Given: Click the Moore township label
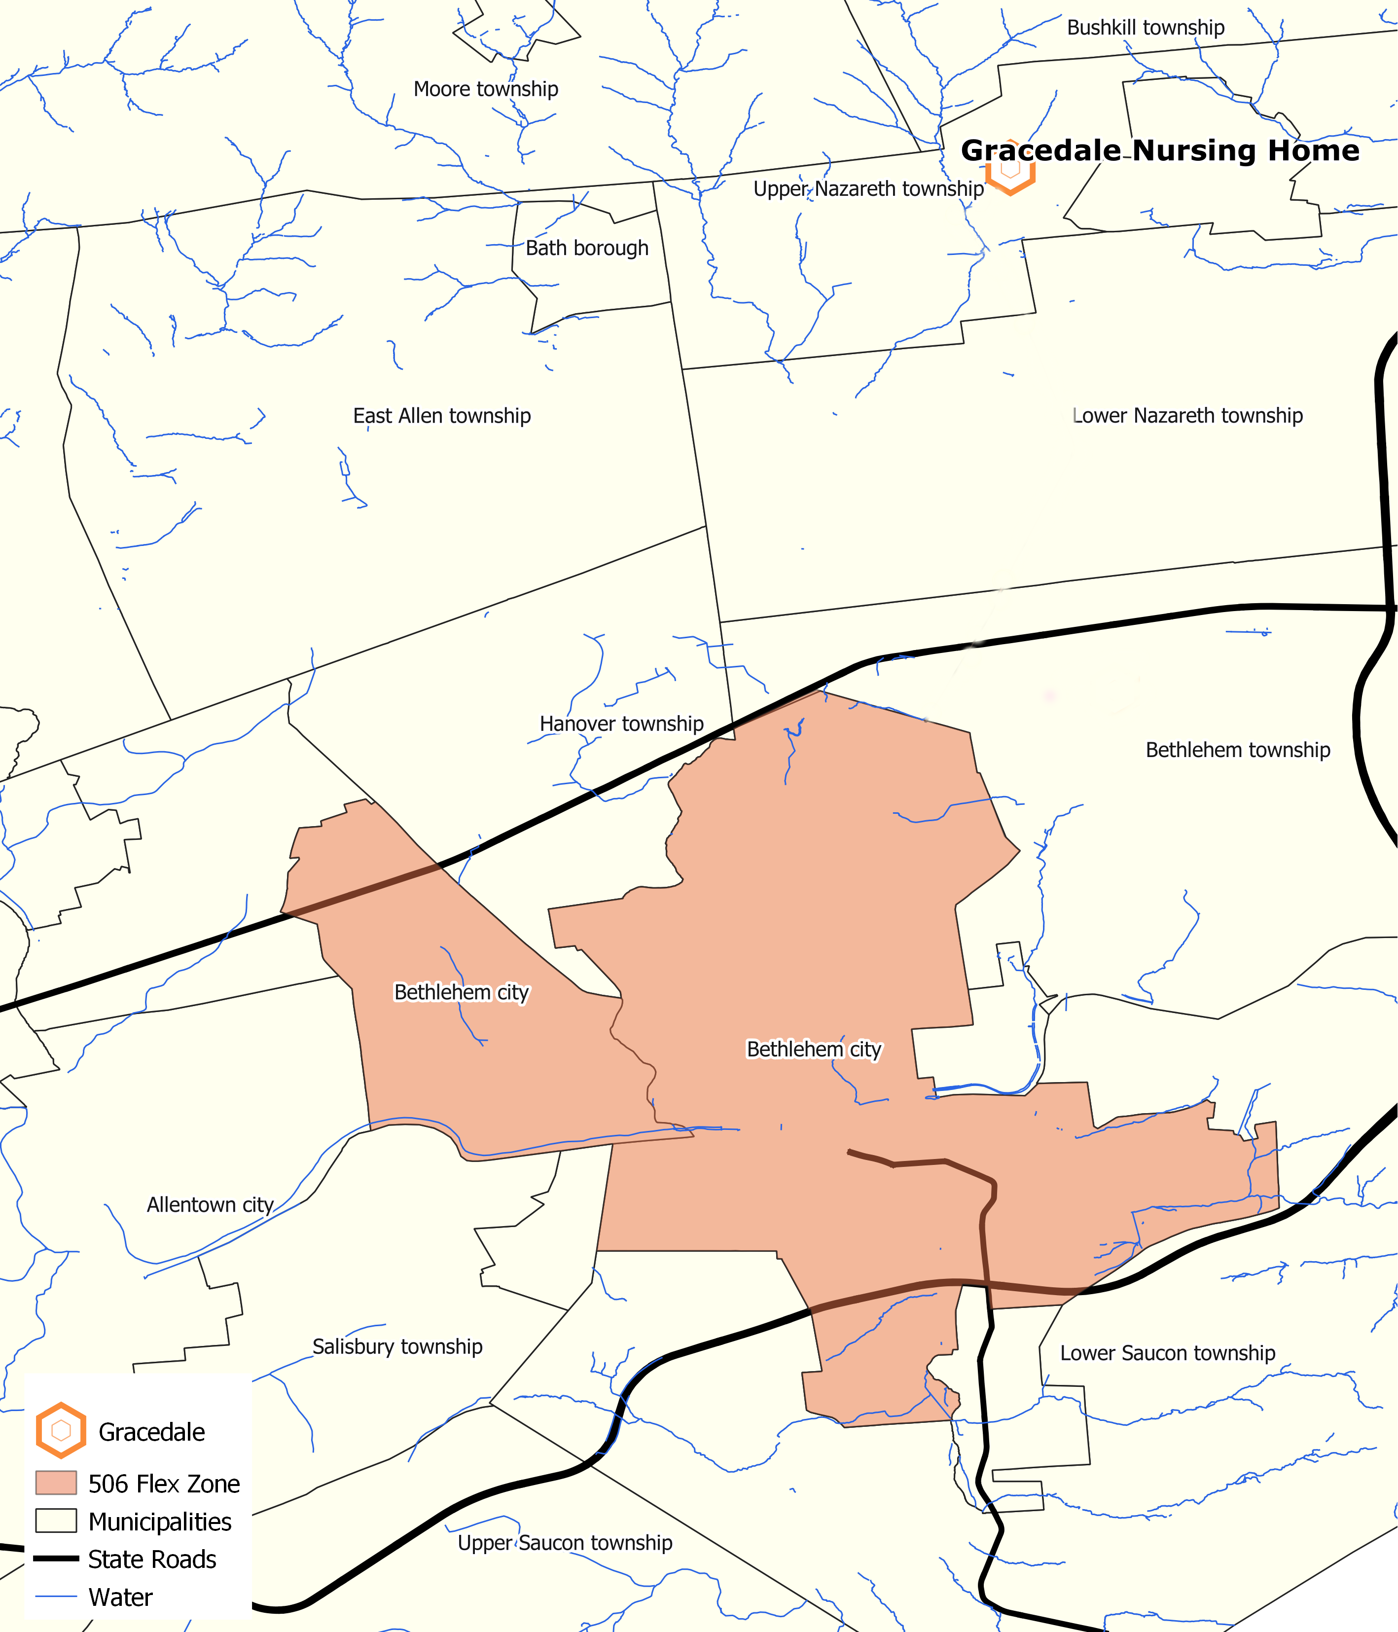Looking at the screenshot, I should pyautogui.click(x=485, y=89).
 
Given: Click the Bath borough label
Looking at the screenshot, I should pyautogui.click(x=587, y=248).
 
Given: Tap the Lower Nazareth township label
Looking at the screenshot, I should pyautogui.click(x=1188, y=416).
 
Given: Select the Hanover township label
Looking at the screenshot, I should pyautogui.click(x=621, y=724).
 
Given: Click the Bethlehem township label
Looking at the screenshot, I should pyautogui.click(x=1237, y=750).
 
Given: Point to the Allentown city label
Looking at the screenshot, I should pyautogui.click(x=210, y=1204).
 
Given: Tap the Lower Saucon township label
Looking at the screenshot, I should pyautogui.click(x=1167, y=1353).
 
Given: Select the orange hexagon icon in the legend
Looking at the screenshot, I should pyautogui.click(x=61, y=1430).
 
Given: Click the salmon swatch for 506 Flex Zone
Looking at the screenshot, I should pyautogui.click(x=56, y=1483).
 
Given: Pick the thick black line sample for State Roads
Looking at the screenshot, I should pyautogui.click(x=56, y=1558).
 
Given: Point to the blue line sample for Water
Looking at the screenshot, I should pyautogui.click(x=56, y=1596).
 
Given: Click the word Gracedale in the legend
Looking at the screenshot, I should pyautogui.click(x=151, y=1431).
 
